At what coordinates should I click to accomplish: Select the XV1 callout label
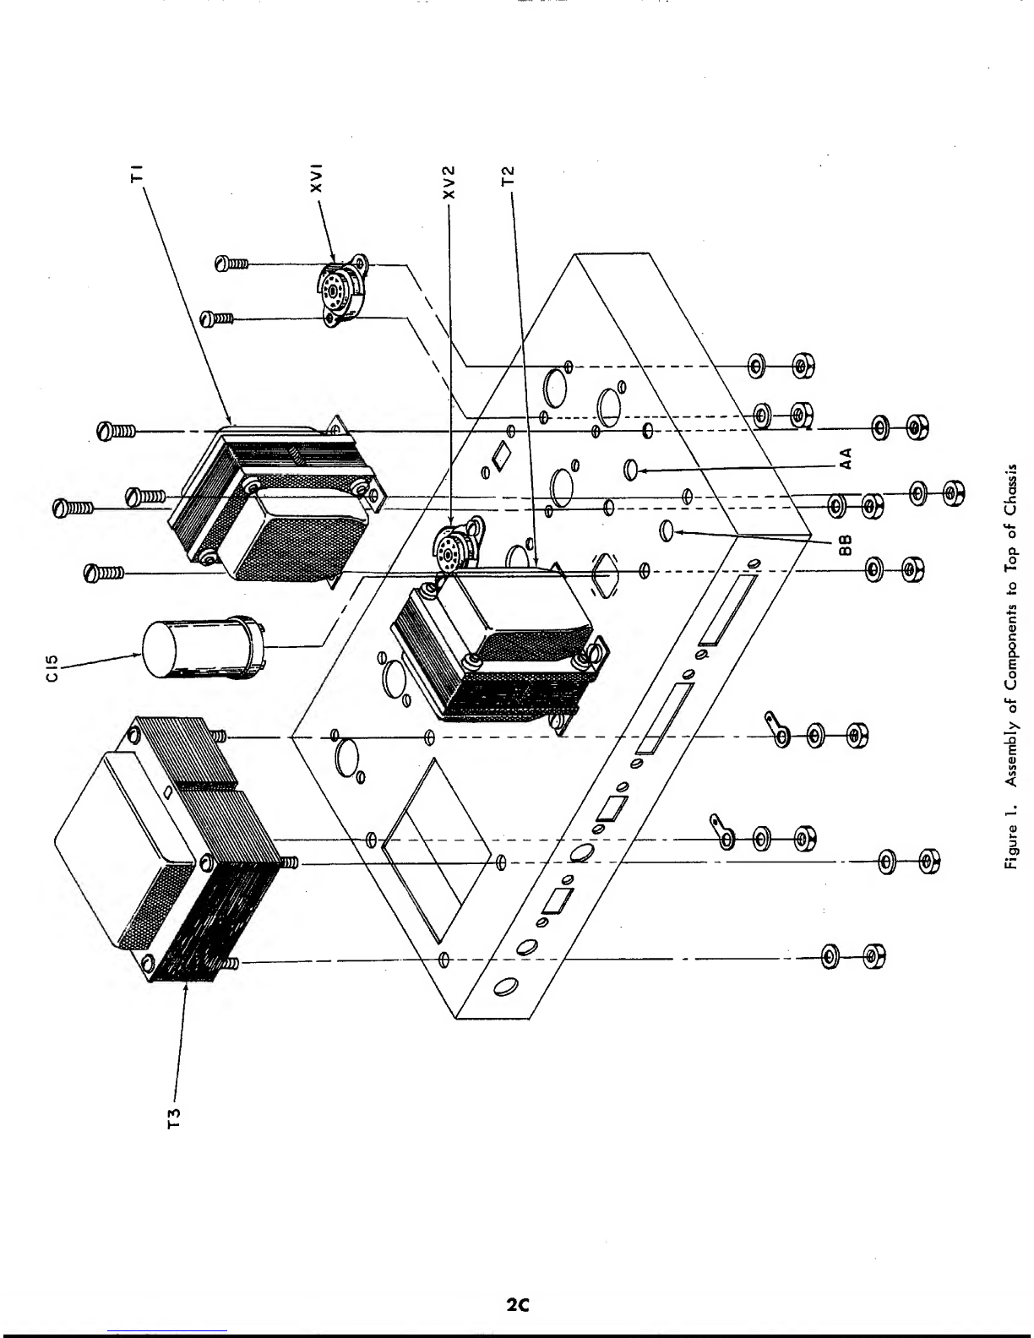(x=317, y=178)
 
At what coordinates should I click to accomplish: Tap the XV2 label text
(x=449, y=182)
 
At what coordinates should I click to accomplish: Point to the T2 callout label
(x=508, y=176)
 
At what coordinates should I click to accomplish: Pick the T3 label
(x=175, y=1118)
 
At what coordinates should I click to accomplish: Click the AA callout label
(x=846, y=459)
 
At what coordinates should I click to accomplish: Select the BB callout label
(x=846, y=544)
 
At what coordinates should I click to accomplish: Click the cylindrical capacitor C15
(x=204, y=649)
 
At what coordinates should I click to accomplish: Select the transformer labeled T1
(x=277, y=502)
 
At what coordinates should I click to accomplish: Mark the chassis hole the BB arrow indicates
(x=667, y=530)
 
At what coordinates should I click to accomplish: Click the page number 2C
(x=518, y=1303)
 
